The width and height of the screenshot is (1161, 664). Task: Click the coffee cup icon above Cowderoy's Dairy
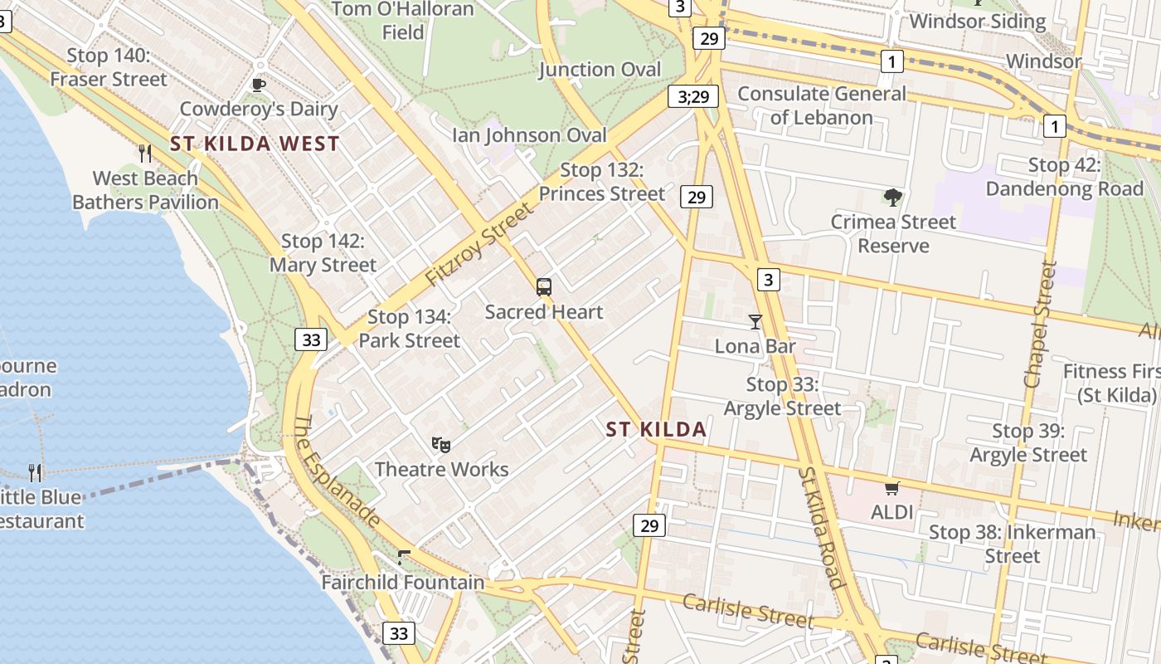tap(259, 84)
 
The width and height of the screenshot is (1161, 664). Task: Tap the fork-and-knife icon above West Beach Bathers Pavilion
tap(145, 153)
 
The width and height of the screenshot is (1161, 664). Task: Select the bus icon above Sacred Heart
tap(544, 287)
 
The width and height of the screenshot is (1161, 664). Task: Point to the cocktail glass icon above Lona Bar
tap(755, 321)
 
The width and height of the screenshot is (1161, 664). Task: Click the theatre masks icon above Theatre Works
tap(441, 445)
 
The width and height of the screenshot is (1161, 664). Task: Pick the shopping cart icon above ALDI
tap(892, 488)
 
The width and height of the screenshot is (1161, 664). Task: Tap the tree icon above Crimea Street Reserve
tap(892, 198)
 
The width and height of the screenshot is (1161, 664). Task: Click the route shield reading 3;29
tap(693, 97)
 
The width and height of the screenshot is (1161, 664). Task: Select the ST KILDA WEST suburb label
tap(255, 144)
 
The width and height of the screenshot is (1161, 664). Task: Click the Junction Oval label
tap(600, 69)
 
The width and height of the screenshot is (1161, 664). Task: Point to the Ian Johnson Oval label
tap(529, 134)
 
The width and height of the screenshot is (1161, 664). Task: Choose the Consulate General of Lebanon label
tap(821, 105)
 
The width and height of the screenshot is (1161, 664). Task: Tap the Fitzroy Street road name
tap(480, 245)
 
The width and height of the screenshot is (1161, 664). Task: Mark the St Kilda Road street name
tap(822, 527)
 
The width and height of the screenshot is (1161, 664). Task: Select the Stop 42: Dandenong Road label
tap(1064, 177)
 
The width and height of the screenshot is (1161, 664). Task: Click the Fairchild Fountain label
tap(403, 582)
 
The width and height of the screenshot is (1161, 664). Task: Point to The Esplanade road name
tap(338, 471)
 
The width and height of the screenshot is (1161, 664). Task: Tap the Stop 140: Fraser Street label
tap(109, 67)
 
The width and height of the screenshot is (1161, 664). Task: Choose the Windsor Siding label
tap(978, 21)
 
